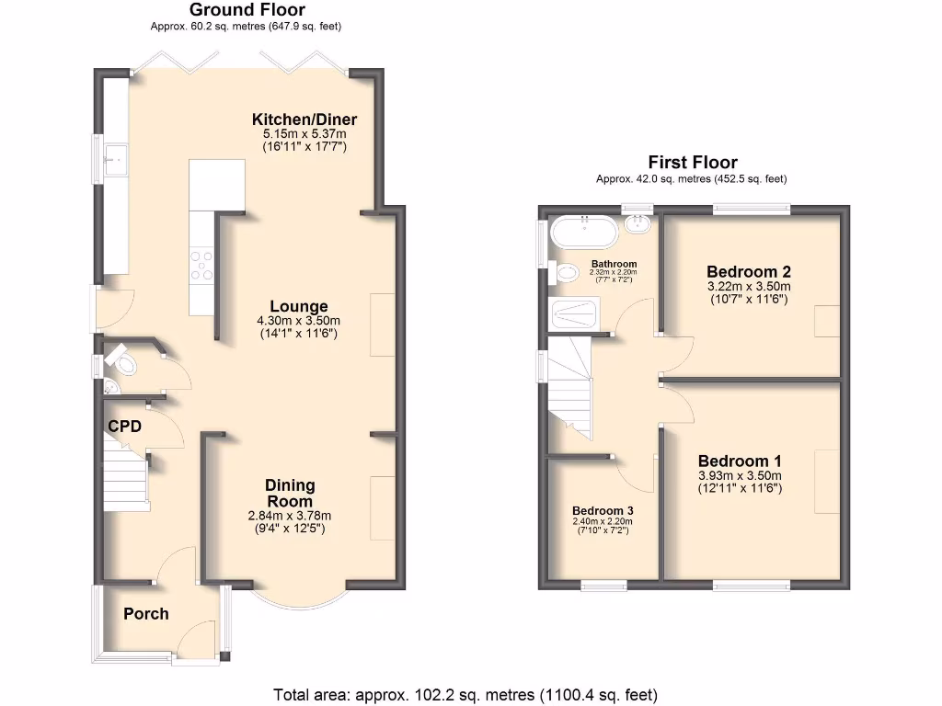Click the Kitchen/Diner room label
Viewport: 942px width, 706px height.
tap(304, 120)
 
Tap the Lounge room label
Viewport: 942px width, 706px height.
tap(299, 306)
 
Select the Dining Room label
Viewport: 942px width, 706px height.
tap(290, 493)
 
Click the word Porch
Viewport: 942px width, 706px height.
tap(146, 613)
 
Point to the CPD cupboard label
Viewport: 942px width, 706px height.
tap(124, 427)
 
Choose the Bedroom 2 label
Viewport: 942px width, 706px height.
tap(749, 271)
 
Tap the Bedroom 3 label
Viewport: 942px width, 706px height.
tap(603, 510)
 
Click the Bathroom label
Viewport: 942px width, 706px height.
tap(614, 264)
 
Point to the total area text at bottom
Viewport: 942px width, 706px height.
tap(465, 694)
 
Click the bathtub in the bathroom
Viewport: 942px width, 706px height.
tap(584, 232)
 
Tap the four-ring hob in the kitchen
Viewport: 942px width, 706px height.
tap(201, 265)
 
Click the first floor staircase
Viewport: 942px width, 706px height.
tap(569, 381)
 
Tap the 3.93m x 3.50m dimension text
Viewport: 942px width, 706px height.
tap(739, 475)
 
